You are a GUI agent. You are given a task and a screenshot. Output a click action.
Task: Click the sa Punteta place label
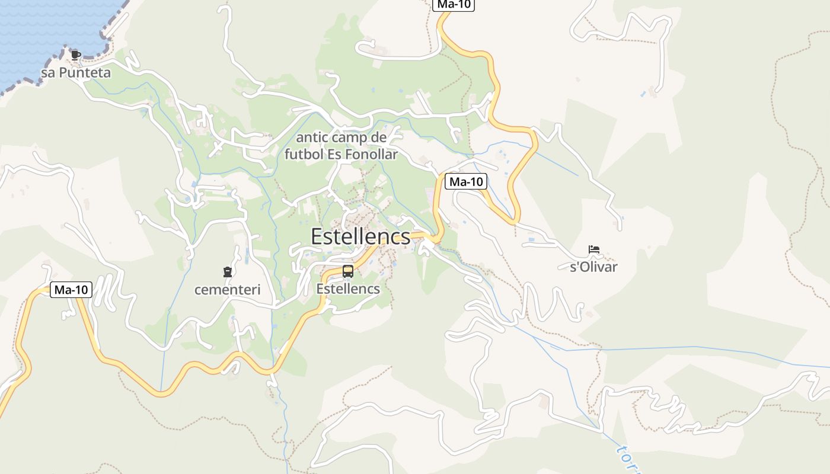[76, 73]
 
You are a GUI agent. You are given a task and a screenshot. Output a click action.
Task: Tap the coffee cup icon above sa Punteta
[76, 55]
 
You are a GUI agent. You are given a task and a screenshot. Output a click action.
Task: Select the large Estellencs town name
[360, 236]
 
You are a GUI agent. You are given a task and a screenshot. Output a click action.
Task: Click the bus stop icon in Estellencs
[348, 271]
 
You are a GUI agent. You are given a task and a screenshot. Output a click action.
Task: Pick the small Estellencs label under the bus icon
[348, 289]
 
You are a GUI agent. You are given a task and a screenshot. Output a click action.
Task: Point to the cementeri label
[228, 290]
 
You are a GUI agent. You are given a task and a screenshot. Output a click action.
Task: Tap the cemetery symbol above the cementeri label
[226, 272]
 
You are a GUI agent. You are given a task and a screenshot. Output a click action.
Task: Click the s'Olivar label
[593, 267]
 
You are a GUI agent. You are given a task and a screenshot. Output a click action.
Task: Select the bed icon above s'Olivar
[593, 249]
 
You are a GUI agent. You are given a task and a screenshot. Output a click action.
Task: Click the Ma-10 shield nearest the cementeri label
[71, 290]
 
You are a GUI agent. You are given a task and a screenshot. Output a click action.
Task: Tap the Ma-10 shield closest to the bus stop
[466, 182]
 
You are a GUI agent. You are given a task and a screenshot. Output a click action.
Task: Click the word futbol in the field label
[302, 155]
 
